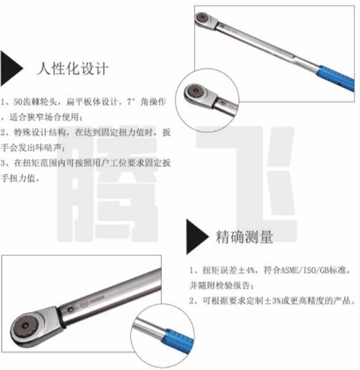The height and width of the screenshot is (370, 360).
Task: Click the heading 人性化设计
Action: pyautogui.click(x=73, y=68)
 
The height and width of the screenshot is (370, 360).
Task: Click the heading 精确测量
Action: pyautogui.click(x=245, y=237)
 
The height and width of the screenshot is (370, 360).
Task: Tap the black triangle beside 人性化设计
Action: pyautogui.click(x=11, y=68)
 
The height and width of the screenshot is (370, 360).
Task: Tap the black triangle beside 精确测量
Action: pyautogui.click(x=197, y=237)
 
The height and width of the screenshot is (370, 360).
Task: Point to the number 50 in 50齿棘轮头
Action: pyautogui.click(x=18, y=102)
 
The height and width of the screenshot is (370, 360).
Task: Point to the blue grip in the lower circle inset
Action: pyautogui.click(x=178, y=342)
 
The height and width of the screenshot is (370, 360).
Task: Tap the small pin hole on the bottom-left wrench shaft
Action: pyautogui.click(x=70, y=309)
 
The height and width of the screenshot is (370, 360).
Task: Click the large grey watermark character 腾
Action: pyautogui.click(x=107, y=184)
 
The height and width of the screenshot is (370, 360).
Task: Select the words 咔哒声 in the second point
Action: pyautogui.click(x=48, y=148)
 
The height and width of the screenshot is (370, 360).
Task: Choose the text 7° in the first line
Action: pyautogui.click(x=131, y=102)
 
